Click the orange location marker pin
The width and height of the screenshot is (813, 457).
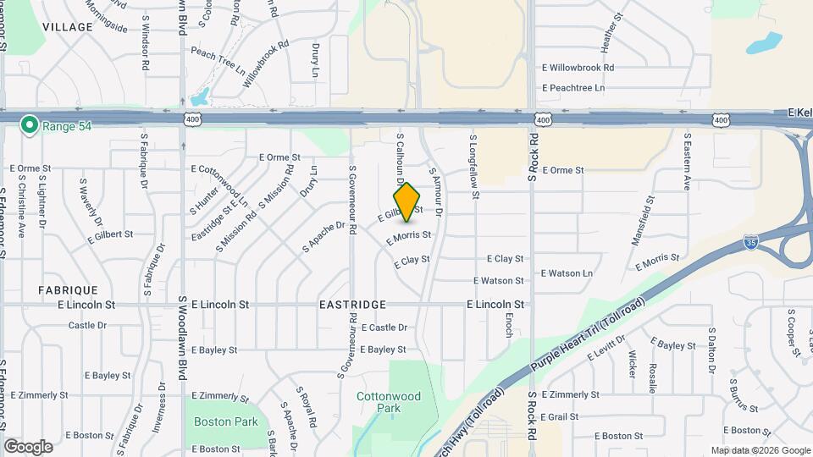pyautogui.click(x=407, y=202)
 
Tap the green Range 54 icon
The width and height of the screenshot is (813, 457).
pyautogui.click(x=30, y=125)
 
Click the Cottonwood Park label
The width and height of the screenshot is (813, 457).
pyautogui.click(x=377, y=401)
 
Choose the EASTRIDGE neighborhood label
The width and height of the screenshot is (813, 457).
pyautogui.click(x=353, y=305)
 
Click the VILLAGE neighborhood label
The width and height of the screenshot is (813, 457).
pyautogui.click(x=67, y=27)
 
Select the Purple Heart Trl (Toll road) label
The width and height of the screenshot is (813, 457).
pyautogui.click(x=578, y=337)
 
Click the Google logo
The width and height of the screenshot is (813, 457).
pyautogui.click(x=28, y=446)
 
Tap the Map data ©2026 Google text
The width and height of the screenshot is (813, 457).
pyautogui.click(x=760, y=450)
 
